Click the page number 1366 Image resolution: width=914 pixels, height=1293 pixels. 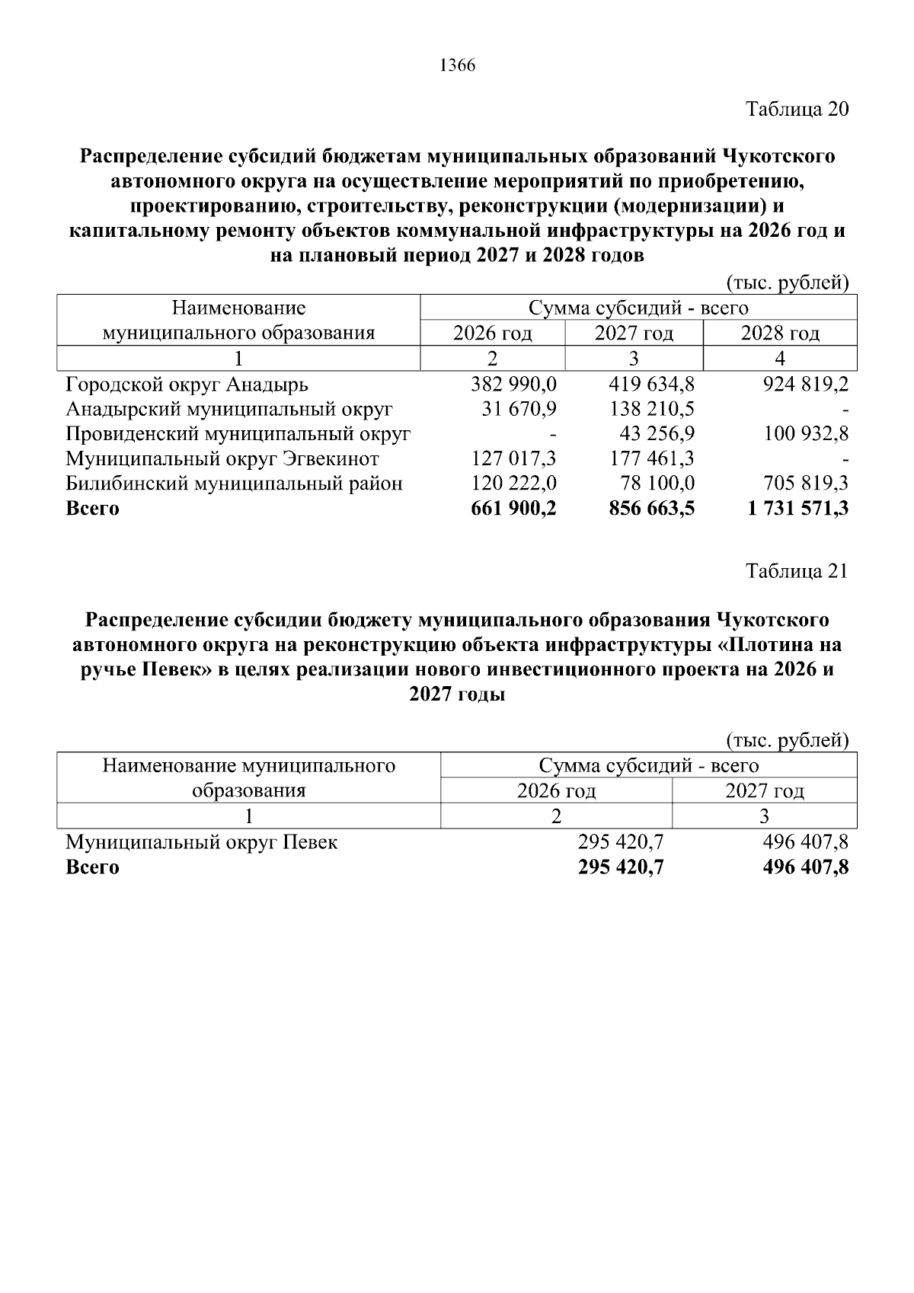(x=457, y=66)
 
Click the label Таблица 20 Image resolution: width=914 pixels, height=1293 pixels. (x=797, y=109)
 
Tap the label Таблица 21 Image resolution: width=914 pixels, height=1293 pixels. (x=797, y=571)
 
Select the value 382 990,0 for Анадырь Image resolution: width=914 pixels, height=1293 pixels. (x=514, y=385)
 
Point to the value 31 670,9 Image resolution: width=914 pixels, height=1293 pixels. (x=519, y=410)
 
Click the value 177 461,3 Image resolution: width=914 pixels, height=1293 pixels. (x=652, y=459)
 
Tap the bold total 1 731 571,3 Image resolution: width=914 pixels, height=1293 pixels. (x=798, y=509)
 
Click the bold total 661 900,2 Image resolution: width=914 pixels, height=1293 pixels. (x=514, y=509)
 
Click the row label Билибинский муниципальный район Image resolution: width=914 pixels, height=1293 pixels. (x=234, y=484)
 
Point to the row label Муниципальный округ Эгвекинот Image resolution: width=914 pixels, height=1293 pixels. (x=222, y=459)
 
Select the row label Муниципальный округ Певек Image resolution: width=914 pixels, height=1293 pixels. (x=201, y=842)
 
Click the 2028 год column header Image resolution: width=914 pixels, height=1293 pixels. (x=780, y=334)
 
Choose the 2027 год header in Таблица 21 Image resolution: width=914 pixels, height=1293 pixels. (x=764, y=791)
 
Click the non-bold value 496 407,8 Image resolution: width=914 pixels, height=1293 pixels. (x=806, y=842)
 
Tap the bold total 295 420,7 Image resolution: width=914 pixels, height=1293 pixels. (x=621, y=867)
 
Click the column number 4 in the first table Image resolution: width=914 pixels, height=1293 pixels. (x=779, y=359)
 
